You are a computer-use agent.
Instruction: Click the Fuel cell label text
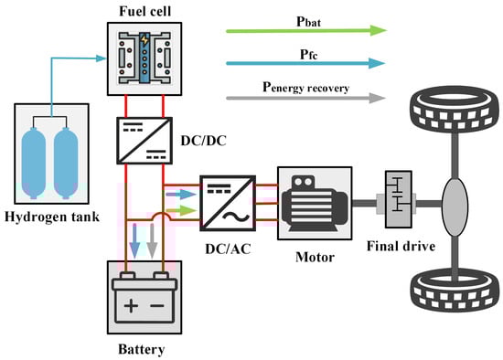coord(145,11)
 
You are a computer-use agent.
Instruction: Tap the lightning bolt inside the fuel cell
coord(144,40)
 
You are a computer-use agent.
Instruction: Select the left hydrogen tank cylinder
coord(33,164)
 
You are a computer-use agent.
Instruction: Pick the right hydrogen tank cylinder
coord(66,164)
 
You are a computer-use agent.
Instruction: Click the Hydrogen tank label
coord(52,217)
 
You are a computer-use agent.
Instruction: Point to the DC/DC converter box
coord(144,141)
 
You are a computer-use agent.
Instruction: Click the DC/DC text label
coord(203,141)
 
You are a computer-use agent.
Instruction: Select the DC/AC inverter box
coord(228,203)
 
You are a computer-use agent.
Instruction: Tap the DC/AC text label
coord(228,249)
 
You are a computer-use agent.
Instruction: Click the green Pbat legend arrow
coord(306,31)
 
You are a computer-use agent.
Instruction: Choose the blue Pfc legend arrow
coord(305,63)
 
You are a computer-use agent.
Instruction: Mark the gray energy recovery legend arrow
coord(305,98)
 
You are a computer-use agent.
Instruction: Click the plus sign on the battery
coord(131,305)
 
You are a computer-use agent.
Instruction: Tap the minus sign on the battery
coord(157,305)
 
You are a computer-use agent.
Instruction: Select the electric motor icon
coord(315,203)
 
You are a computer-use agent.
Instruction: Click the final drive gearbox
coord(398,199)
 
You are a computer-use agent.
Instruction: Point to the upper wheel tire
coord(455,109)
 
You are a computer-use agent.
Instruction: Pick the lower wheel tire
coord(455,291)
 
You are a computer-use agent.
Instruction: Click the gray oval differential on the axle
coord(455,206)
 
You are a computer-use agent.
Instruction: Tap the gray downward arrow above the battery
coord(152,240)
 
